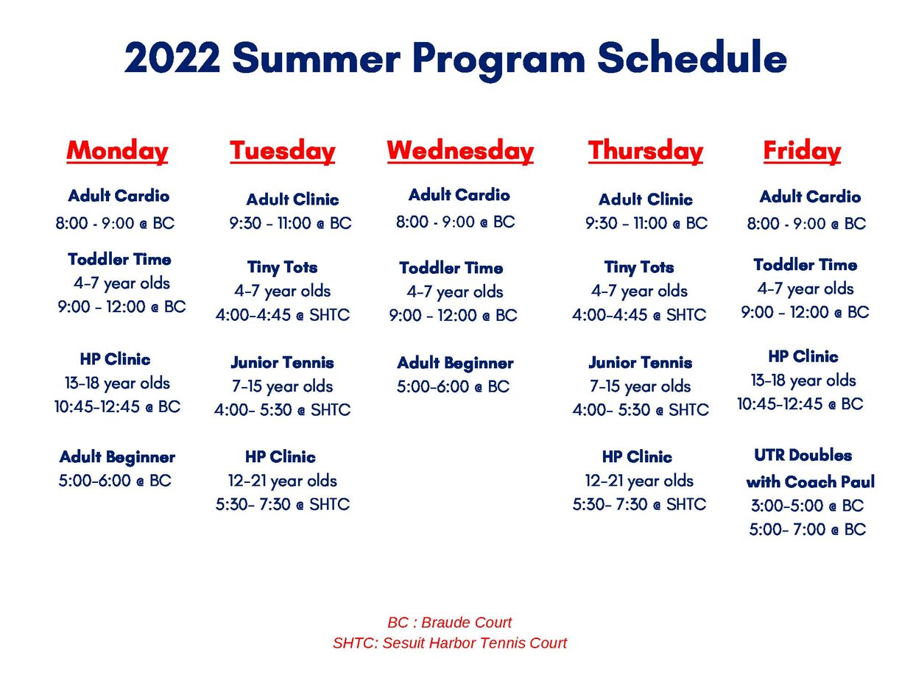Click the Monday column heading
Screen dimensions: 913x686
(117, 151)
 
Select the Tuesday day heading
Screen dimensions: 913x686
(283, 151)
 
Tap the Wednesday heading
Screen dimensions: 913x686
(460, 151)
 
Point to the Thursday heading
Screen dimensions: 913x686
(645, 151)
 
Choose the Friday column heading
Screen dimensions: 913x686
(802, 151)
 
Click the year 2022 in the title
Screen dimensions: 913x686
(172, 58)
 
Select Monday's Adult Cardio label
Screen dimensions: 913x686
(119, 195)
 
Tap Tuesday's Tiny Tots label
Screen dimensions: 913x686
(282, 267)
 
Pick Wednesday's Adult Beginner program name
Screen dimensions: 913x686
(455, 363)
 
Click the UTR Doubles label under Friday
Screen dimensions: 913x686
(803, 456)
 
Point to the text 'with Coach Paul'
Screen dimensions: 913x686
(810, 481)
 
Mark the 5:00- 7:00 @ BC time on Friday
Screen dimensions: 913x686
(808, 529)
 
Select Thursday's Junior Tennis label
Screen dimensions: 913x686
(640, 363)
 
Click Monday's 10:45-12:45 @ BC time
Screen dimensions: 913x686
(117, 406)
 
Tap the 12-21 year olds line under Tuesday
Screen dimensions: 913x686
(283, 481)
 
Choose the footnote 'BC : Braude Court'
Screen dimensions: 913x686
(449, 623)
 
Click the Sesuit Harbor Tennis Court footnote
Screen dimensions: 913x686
(449, 643)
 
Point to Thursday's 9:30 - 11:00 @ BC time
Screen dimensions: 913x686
(646, 223)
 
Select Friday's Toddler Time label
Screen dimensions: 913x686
(806, 264)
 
